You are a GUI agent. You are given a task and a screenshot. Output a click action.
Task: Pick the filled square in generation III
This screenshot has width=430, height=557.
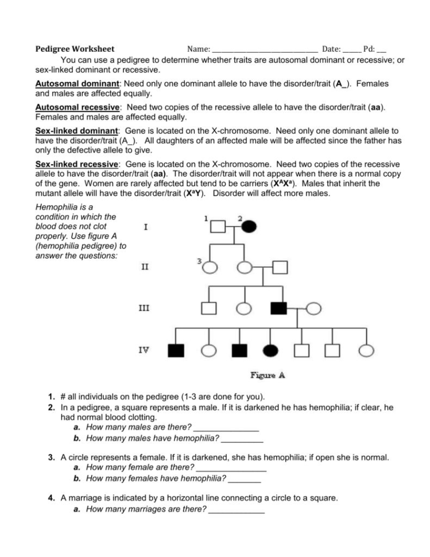coord(278,308)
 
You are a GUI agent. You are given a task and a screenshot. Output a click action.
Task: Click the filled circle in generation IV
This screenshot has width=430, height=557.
coord(270,350)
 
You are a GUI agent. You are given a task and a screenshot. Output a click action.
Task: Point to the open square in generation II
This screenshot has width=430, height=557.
coord(279,267)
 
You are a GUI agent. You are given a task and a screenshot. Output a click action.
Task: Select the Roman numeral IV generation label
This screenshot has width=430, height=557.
coord(146,349)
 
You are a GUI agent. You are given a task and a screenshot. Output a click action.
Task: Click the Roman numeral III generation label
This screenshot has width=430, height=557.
coord(146,308)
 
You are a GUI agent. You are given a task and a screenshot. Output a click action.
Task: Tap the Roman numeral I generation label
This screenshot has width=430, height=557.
coord(146,226)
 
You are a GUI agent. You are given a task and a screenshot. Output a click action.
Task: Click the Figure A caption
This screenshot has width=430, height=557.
coord(268,376)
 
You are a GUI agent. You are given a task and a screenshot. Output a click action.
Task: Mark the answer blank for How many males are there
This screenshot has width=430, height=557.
coord(227,428)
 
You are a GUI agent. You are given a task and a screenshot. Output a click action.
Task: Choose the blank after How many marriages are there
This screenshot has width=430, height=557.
coord(237,509)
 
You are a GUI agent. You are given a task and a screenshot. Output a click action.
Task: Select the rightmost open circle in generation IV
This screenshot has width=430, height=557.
coord(365,350)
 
